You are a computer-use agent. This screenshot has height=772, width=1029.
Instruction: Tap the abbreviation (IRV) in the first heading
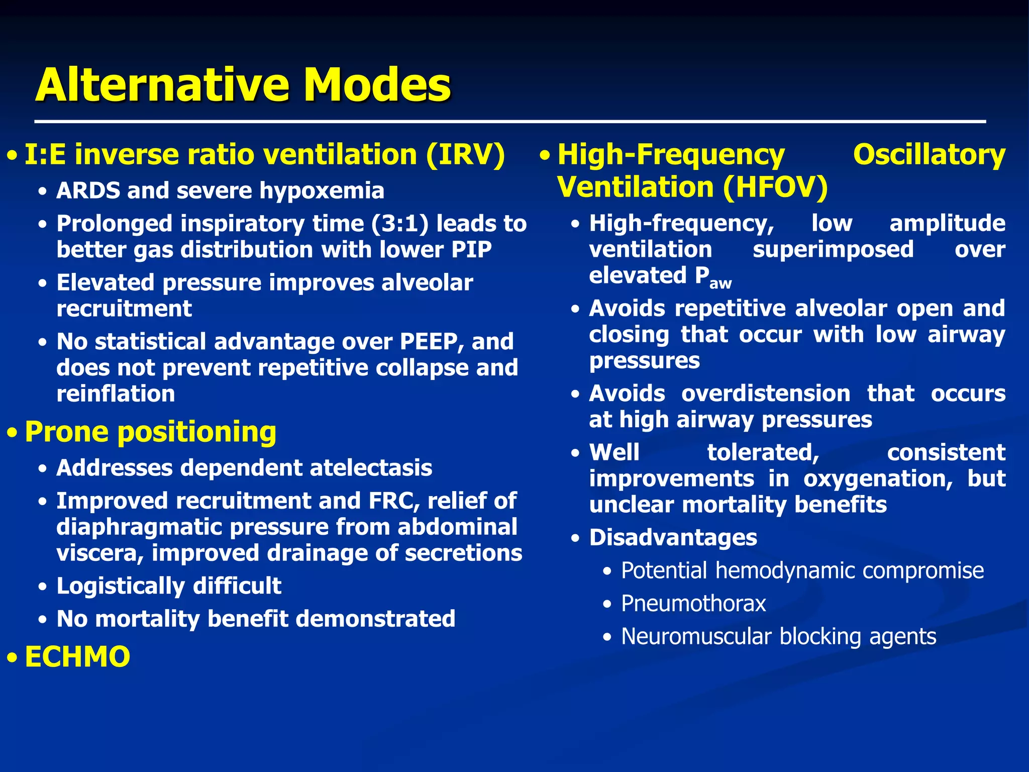465,154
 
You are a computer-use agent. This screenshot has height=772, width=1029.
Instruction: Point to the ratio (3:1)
400,224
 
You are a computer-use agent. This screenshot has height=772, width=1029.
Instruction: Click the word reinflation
116,394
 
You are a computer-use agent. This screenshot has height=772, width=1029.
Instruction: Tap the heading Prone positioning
150,432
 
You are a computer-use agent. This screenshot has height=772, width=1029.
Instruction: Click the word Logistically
121,586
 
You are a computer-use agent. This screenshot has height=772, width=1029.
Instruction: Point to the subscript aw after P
721,284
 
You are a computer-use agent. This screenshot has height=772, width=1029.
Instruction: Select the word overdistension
766,394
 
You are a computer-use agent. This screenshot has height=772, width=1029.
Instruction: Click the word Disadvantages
673,538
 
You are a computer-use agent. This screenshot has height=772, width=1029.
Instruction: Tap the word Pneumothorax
693,604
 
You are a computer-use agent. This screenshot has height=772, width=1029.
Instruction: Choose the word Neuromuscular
696,637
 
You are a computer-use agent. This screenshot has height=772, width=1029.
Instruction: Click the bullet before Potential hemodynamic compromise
608,571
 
